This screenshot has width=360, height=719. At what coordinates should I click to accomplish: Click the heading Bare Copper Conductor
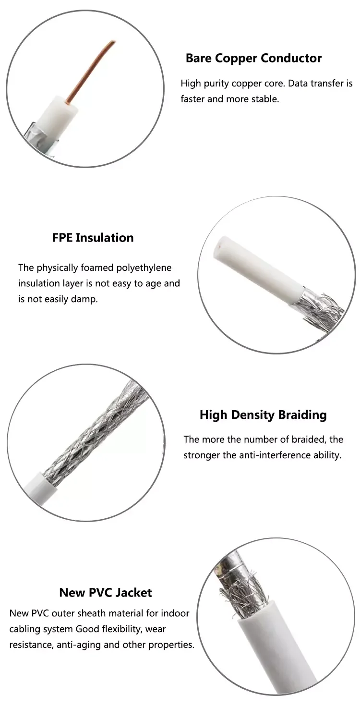(x=253, y=59)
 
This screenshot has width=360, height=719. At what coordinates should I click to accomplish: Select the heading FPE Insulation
(x=93, y=238)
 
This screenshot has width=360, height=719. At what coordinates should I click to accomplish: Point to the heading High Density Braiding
(x=263, y=415)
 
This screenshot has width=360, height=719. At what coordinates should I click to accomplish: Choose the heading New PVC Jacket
(x=105, y=593)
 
